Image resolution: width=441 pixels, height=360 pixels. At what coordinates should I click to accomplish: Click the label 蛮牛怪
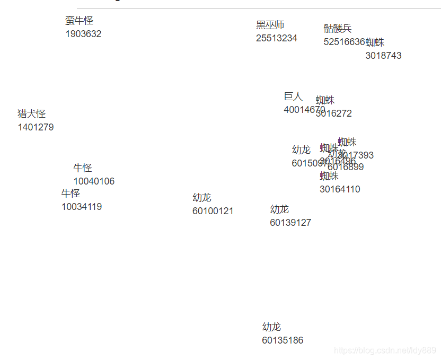pyautogui.click(x=80, y=21)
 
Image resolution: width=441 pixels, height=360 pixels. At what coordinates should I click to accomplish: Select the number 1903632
pyautogui.click(x=83, y=34)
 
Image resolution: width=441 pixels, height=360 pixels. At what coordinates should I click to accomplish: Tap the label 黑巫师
pyautogui.click(x=270, y=25)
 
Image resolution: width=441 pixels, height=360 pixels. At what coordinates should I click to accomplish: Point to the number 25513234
pyautogui.click(x=277, y=38)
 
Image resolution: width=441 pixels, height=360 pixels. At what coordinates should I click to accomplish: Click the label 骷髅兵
pyautogui.click(x=338, y=29)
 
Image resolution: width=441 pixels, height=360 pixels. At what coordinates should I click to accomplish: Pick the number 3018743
pyautogui.click(x=383, y=56)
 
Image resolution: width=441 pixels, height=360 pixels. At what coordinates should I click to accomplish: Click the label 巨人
pyautogui.click(x=293, y=96)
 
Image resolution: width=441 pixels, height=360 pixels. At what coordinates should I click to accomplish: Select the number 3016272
pyautogui.click(x=333, y=113)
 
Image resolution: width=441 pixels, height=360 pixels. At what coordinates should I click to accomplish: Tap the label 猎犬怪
pyautogui.click(x=32, y=114)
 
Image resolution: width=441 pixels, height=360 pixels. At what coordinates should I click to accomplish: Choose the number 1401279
pyautogui.click(x=36, y=127)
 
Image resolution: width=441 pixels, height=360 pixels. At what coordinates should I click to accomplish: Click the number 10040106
pyautogui.click(x=94, y=181)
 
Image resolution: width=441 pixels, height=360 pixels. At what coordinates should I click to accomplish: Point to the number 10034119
pyautogui.click(x=82, y=207)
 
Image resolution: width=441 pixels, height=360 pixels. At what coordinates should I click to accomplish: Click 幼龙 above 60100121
pyautogui.click(x=202, y=198)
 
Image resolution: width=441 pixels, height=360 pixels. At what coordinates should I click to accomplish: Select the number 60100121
pyautogui.click(x=213, y=211)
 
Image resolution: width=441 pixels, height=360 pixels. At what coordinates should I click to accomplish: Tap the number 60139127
pyautogui.click(x=290, y=223)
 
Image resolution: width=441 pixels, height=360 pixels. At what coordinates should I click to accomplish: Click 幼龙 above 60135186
pyautogui.click(x=271, y=327)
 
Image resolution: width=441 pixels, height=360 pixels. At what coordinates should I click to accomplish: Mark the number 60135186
pyautogui.click(x=283, y=340)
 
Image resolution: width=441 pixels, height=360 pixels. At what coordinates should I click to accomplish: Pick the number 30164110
pyautogui.click(x=340, y=189)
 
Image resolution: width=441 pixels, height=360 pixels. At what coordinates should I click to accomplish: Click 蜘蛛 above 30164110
pyautogui.click(x=329, y=176)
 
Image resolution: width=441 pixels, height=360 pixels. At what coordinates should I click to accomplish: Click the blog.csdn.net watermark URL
pyautogui.click(x=385, y=350)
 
